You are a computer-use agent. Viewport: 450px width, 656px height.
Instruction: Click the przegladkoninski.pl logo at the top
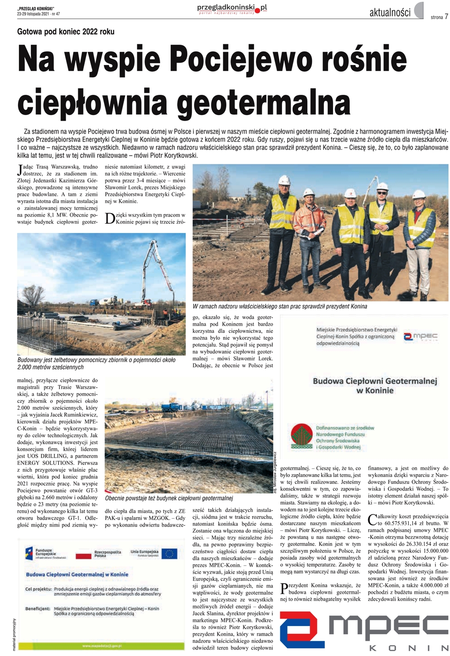pyautogui.click(x=232, y=9)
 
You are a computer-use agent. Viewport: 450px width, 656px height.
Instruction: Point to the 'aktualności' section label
pyautogui.click(x=390, y=13)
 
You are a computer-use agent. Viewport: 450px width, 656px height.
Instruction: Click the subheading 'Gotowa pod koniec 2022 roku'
pyautogui.click(x=66, y=32)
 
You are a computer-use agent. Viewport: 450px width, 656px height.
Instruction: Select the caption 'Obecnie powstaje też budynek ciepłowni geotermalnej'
pyautogui.click(x=169, y=498)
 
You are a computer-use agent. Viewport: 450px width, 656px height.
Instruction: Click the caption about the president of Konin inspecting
pyautogui.click(x=280, y=306)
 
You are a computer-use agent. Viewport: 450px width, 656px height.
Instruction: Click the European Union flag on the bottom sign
pyautogui.click(x=169, y=554)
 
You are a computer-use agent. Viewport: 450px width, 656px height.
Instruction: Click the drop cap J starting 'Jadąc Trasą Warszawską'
pyautogui.click(x=19, y=170)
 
